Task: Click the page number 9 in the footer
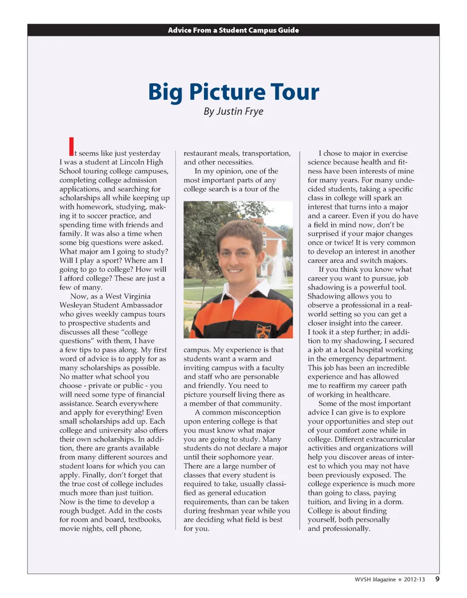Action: (437, 579)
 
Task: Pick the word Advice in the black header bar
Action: (180, 30)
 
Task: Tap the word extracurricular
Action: (388, 439)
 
